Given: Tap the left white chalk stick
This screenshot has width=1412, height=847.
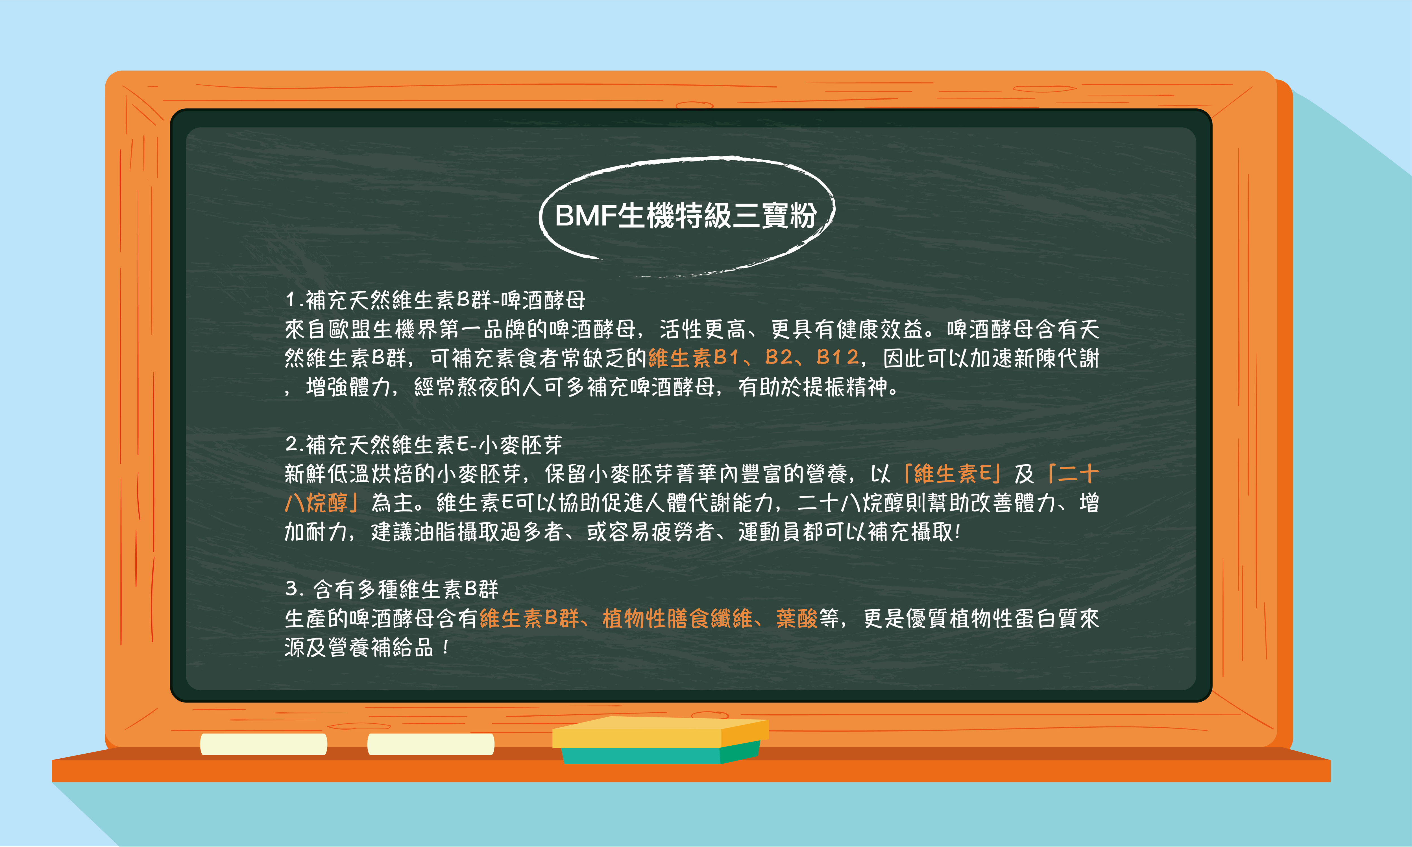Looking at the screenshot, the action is (x=263, y=744).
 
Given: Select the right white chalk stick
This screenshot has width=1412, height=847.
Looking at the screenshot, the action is (x=430, y=744).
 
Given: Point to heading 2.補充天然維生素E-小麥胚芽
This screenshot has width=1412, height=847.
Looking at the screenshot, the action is (x=424, y=444).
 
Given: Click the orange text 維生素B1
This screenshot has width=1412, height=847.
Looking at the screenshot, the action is (x=694, y=358).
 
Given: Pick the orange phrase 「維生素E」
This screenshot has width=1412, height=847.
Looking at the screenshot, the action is (x=952, y=473).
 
